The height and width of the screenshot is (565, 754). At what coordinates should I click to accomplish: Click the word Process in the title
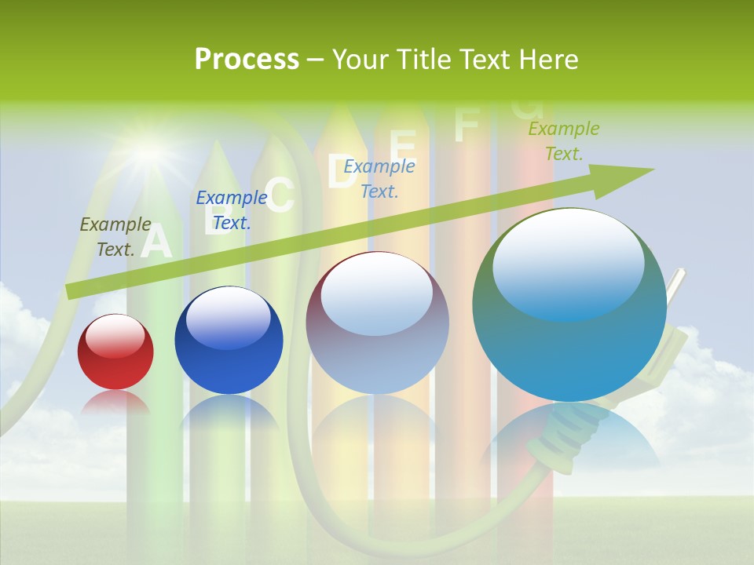pos(247,60)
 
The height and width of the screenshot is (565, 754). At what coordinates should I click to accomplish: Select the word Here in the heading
pos(550,60)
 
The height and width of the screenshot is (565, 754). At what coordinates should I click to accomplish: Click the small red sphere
pos(115,352)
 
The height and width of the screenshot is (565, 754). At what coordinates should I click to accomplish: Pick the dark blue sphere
pos(229,341)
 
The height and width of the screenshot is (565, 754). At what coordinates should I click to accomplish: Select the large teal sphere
pos(569,306)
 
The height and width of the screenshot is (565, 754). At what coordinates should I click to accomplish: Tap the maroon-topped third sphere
pos(377,323)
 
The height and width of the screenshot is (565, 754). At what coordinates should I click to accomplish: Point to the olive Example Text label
pos(115,236)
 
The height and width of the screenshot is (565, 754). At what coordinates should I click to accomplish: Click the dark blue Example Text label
pos(232,210)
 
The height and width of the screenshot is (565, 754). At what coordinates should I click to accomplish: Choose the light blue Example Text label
pos(379,178)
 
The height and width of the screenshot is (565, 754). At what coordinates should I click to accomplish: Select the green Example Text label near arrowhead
pos(564,141)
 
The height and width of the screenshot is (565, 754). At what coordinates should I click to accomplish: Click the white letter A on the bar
pos(156,242)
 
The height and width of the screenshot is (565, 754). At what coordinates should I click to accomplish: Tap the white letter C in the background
pos(280,195)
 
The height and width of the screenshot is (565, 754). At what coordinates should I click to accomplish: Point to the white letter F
pos(467,125)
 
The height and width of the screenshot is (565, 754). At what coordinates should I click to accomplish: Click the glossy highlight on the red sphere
pos(115,337)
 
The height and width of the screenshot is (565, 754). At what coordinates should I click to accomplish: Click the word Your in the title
pos(362,60)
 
